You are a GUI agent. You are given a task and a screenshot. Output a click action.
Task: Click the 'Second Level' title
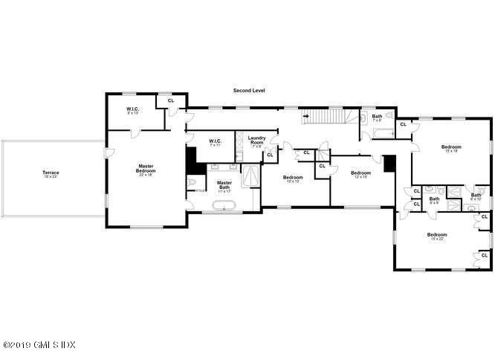point(248,90)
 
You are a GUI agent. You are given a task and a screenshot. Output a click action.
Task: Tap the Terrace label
point(50,175)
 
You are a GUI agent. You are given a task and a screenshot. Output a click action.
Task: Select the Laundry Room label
point(257,141)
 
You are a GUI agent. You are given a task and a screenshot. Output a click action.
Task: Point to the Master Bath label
point(224,184)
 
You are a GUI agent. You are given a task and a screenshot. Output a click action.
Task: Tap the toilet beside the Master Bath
point(192,184)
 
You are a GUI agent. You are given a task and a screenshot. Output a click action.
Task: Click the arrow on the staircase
point(305,117)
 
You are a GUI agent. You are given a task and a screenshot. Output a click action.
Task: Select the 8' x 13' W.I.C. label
point(133,112)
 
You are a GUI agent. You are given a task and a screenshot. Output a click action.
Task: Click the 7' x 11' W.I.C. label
point(216,142)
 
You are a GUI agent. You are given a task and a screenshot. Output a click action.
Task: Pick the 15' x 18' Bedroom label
point(451,149)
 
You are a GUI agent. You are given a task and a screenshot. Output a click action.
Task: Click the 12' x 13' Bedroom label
point(293,179)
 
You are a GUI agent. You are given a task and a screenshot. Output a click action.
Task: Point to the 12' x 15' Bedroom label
point(360,175)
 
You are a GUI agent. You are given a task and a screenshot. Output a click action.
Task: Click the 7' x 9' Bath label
point(377,118)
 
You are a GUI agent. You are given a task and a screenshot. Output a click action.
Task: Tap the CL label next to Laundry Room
point(270,154)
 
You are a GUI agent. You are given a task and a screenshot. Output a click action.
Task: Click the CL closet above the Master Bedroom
point(171,100)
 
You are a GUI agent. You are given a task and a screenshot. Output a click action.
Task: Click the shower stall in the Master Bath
point(252,176)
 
